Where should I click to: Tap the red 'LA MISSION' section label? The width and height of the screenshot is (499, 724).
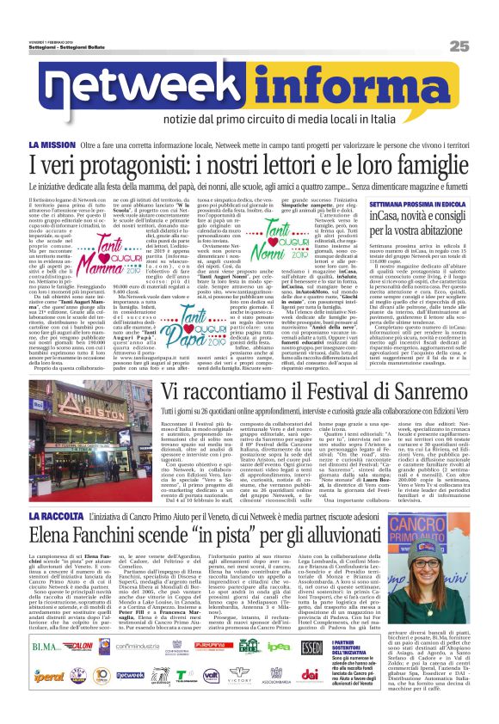(76, 146)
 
